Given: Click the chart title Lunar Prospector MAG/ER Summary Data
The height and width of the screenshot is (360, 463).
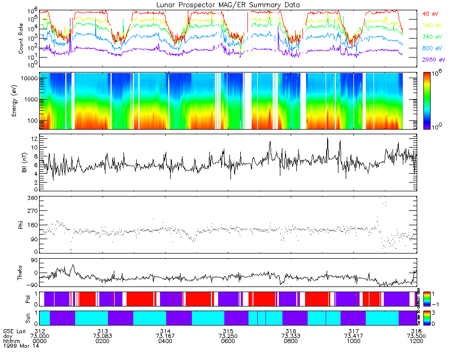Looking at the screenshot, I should coord(228,5).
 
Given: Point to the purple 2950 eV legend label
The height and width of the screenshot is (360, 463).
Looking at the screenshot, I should coord(434,60).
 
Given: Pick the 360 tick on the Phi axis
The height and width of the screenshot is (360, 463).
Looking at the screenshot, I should coord(32,198).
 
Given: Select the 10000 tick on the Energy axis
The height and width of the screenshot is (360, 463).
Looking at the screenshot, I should coord(28,78).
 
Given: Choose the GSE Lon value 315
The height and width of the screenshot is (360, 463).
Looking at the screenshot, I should coord(228,330).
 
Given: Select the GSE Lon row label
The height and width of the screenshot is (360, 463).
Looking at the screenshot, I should coord(14,330).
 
